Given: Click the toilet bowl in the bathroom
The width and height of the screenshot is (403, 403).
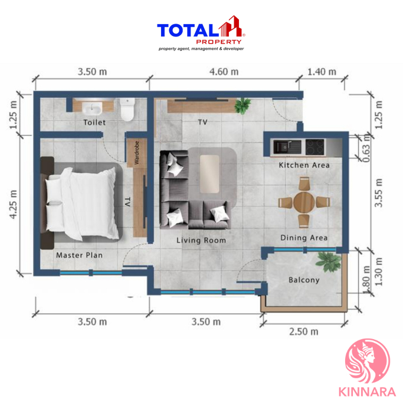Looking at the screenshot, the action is [127, 109].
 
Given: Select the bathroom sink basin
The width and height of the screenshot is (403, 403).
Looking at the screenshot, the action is [92, 108].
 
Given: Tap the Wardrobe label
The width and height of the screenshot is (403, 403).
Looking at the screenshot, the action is [136, 153].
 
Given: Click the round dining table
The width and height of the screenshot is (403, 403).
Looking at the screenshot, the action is [304, 202].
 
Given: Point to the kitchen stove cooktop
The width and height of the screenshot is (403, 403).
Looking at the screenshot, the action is [315, 146].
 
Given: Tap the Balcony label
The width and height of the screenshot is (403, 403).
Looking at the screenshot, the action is [304, 280].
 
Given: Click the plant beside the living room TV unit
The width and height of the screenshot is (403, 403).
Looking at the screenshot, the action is [243, 106].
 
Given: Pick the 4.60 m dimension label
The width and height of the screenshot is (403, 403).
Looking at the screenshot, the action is [224, 72].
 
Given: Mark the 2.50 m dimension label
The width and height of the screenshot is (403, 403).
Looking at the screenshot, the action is [303, 332].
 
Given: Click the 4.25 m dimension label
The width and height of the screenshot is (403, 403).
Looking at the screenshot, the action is [13, 205].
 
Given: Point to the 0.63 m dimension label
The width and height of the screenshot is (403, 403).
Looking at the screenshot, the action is [367, 150].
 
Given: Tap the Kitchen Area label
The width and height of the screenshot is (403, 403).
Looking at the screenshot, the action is [304, 165].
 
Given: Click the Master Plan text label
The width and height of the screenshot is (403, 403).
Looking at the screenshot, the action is [80, 255].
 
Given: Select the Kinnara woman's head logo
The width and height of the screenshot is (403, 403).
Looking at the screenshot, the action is [368, 362].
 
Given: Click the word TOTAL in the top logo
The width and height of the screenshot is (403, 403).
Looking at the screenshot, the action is [188, 30].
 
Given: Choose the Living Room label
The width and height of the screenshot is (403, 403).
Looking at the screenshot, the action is [201, 240].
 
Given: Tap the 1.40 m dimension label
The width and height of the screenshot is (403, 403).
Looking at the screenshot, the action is [322, 72].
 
